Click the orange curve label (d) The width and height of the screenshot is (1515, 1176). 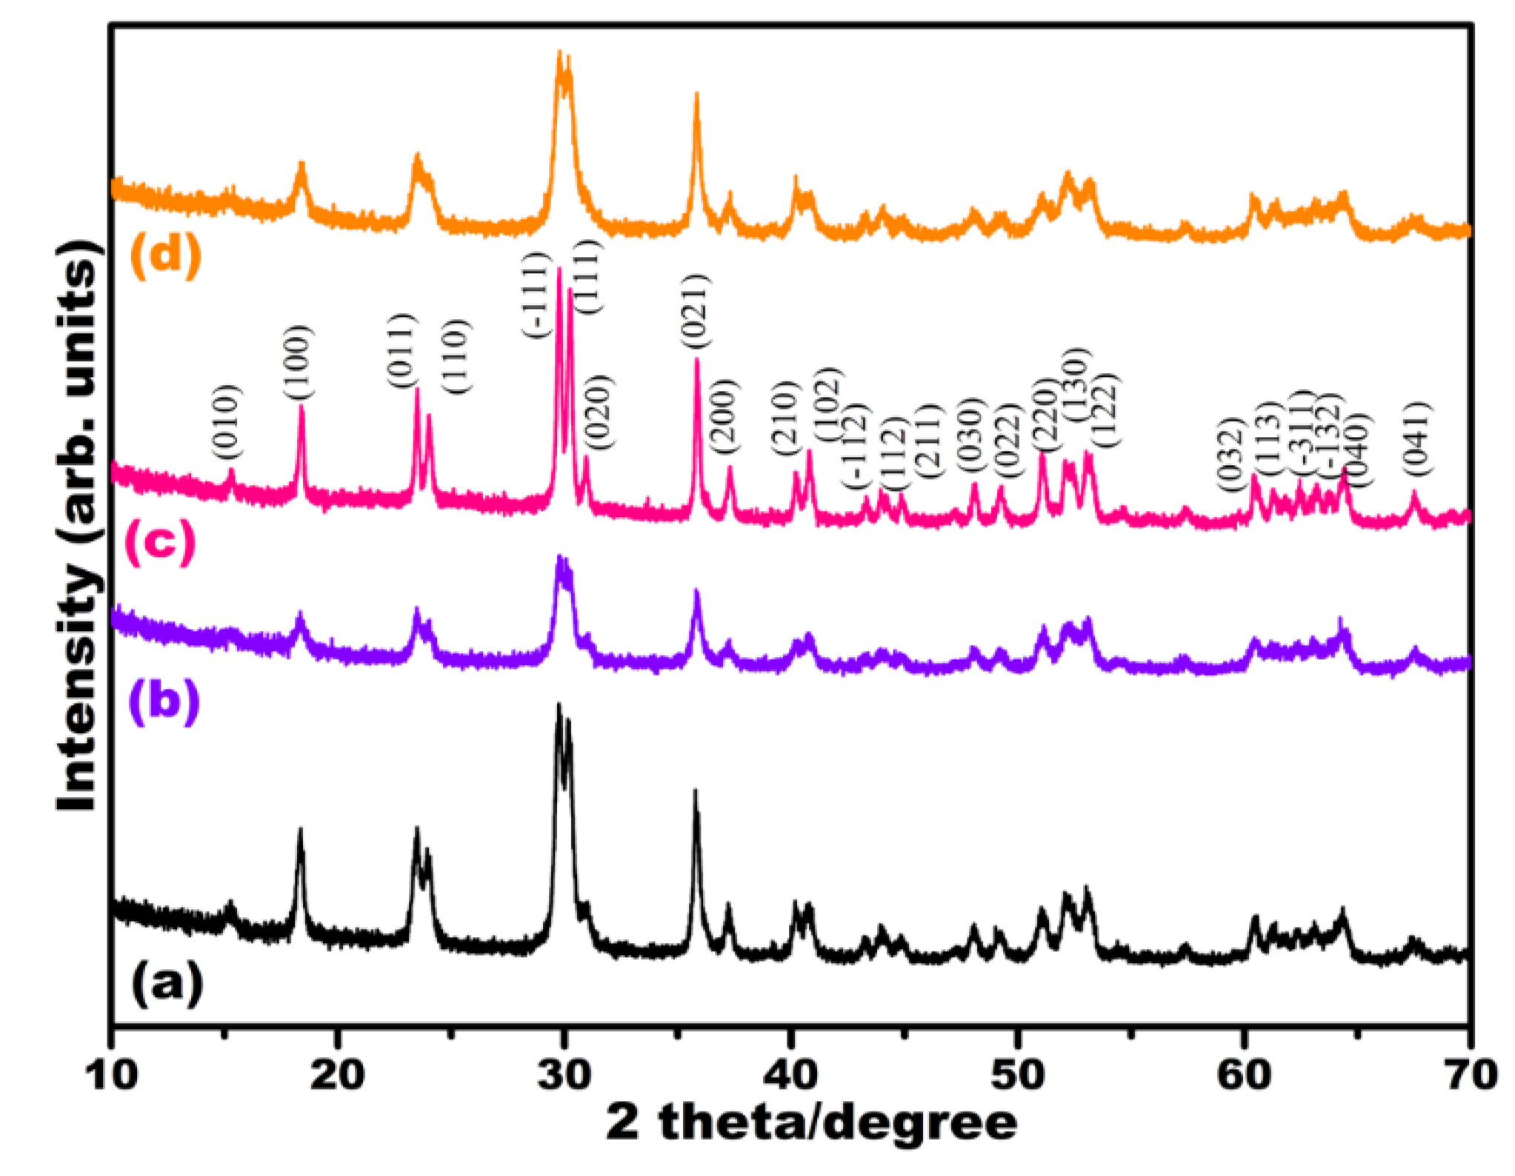pyautogui.click(x=164, y=255)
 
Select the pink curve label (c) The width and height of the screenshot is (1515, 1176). pyautogui.click(x=160, y=542)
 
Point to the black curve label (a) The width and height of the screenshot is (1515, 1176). pyautogui.click(x=167, y=984)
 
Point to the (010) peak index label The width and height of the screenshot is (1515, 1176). pyautogui.click(x=224, y=422)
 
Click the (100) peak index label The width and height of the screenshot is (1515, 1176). pyautogui.click(x=298, y=363)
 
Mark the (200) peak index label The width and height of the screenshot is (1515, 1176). pyautogui.click(x=724, y=416)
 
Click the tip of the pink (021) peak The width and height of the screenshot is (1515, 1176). pyautogui.click(x=696, y=360)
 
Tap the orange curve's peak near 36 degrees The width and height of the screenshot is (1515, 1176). pyautogui.click(x=696, y=95)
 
